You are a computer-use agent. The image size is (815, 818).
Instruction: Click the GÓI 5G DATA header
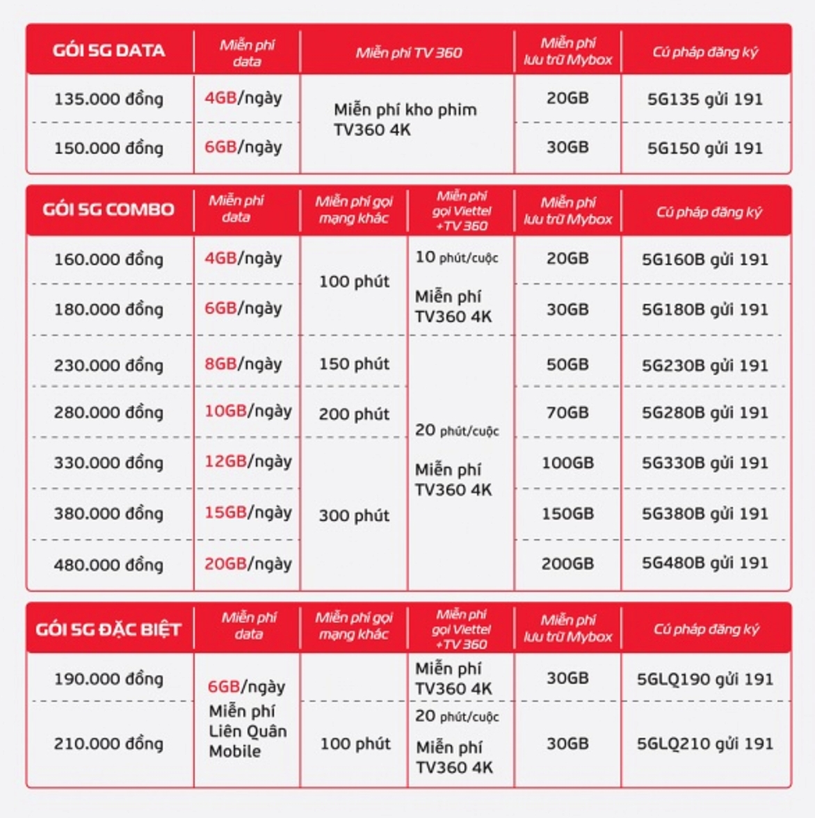[108, 51]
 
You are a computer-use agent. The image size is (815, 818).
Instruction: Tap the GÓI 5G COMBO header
[108, 209]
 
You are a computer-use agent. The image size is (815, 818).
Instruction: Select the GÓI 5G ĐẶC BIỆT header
[108, 629]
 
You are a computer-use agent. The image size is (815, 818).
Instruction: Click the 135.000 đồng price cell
[108, 99]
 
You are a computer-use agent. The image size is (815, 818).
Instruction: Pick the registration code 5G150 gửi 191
[705, 148]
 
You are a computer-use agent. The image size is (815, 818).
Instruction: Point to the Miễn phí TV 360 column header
[408, 53]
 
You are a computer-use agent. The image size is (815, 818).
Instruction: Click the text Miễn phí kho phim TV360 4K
[405, 120]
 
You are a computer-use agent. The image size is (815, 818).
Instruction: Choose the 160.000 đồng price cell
[108, 259]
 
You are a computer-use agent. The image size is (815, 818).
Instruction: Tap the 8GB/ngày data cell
[243, 364]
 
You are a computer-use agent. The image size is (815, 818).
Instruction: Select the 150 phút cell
[354, 364]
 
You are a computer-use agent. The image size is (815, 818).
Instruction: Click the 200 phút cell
[354, 414]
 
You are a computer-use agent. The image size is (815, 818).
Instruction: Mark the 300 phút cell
[354, 515]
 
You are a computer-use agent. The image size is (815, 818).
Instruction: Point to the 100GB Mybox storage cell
[567, 463]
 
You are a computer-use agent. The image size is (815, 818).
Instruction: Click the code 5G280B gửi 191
[705, 412]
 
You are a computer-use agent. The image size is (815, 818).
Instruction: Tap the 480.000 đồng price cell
[108, 564]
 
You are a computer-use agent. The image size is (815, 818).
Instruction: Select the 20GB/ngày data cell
[248, 563]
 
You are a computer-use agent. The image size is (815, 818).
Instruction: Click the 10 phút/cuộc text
[456, 257]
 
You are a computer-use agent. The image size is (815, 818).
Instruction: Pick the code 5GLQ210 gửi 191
[705, 744]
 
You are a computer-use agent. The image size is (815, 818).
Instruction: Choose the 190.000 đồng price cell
[108, 679]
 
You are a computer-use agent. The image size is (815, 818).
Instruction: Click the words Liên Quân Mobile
[247, 741]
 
